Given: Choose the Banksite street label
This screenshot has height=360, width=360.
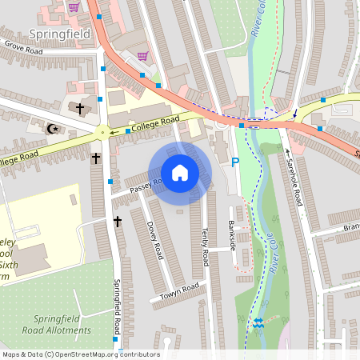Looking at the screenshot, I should coord(233,235).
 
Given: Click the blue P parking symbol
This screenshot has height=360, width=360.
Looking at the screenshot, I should coord(234,162).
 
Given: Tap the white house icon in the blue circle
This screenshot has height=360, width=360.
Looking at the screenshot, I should coord(180,173).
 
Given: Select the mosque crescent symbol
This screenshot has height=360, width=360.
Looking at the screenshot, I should coord(54,128).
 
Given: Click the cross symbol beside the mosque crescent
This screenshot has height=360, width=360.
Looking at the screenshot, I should coord(80,106).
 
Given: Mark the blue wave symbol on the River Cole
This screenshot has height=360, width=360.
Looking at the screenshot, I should coord(258,323).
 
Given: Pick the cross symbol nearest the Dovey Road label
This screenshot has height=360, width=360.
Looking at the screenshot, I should coord(117,222).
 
